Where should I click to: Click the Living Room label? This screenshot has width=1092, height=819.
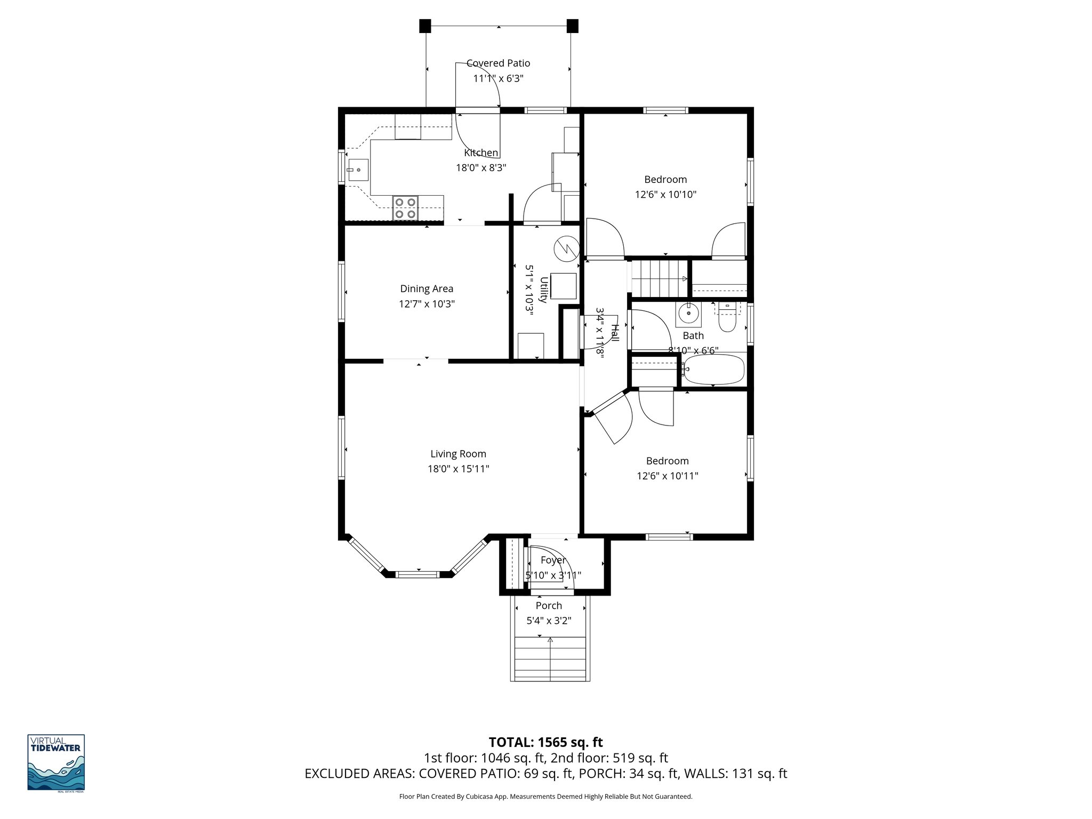458,454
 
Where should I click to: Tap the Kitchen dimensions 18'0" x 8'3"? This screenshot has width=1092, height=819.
480,167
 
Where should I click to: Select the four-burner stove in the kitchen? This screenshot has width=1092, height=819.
405,208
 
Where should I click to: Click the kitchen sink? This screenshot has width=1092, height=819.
357,170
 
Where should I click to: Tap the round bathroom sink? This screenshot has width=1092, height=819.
689,314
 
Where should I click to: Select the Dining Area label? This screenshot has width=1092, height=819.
427,288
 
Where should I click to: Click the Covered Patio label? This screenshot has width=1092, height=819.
498,63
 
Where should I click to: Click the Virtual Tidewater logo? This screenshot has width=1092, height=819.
56,763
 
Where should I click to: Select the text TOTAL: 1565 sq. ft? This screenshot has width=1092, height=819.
545,742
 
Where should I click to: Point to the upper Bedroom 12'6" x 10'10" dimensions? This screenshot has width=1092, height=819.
665,195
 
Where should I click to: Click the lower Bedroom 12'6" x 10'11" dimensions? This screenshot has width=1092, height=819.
667,476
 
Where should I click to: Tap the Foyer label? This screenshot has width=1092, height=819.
552,560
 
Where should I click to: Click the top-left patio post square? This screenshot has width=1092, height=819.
425,26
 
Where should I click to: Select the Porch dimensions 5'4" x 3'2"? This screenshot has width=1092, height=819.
549,621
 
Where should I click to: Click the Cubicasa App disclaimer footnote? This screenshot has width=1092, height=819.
545,797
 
